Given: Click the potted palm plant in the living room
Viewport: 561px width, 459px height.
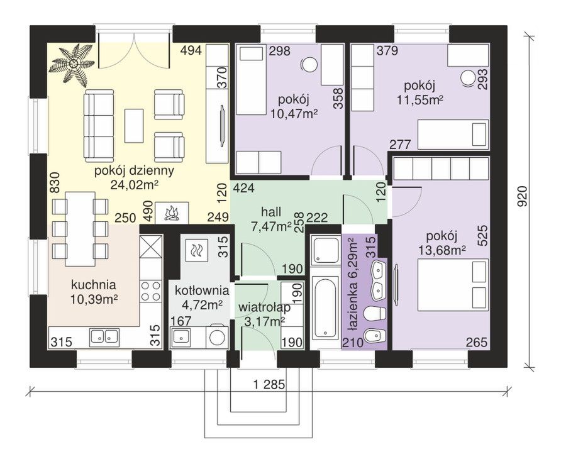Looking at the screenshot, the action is tap(72, 64).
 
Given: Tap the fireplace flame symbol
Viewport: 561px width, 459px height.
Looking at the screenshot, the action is tap(172, 213).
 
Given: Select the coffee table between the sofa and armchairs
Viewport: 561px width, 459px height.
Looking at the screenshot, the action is tap(134, 125).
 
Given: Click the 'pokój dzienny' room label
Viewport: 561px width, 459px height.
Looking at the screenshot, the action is tap(134, 170).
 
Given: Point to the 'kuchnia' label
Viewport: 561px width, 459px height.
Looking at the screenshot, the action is tap(94, 285).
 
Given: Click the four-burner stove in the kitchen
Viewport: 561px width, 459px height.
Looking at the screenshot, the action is tap(150, 291).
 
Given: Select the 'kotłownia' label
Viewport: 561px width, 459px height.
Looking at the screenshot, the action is tap(201, 290).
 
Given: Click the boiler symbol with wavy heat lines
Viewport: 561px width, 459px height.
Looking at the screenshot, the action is tap(196, 249).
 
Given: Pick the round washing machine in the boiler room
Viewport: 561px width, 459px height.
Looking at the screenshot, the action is tap(218, 336).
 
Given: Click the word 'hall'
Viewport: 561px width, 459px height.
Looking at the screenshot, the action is tap(271, 212).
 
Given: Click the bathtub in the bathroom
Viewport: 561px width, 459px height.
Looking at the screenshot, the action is tap(325, 307).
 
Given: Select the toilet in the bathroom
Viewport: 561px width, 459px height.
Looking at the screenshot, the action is tap(375, 314).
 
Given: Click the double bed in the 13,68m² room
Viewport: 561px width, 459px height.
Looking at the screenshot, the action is tap(453, 285).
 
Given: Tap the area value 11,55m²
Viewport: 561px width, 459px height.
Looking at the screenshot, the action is tap(419, 99).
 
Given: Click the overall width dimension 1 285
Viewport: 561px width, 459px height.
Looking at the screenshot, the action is tap(269, 385).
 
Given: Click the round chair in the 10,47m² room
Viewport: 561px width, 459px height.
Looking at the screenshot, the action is tap(309, 65).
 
